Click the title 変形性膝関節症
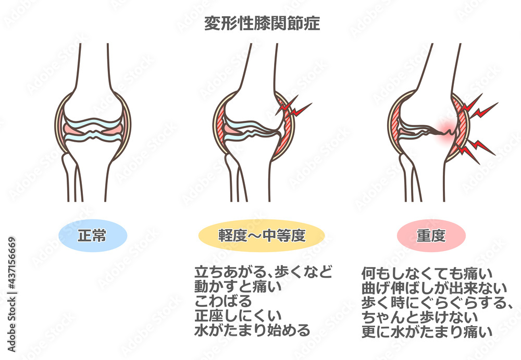pyautogui.click(x=262, y=23)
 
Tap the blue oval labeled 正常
pyautogui.click(x=93, y=235)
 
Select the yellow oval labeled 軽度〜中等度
pyautogui.click(x=262, y=235)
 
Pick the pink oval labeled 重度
pyautogui.click(x=431, y=235)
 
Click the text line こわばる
pyautogui.click(x=224, y=301)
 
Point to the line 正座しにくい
pyautogui.click(x=238, y=316)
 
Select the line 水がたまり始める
pyautogui.click(x=253, y=330)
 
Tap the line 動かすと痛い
pyautogui.click(x=238, y=287)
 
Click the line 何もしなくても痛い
pyautogui.click(x=427, y=274)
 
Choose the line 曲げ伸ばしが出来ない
pyautogui.click(x=435, y=288)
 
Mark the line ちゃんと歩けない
pyautogui.click(x=419, y=317)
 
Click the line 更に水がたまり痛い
pyautogui.click(x=427, y=332)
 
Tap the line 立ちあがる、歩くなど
pyautogui.click(x=264, y=272)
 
